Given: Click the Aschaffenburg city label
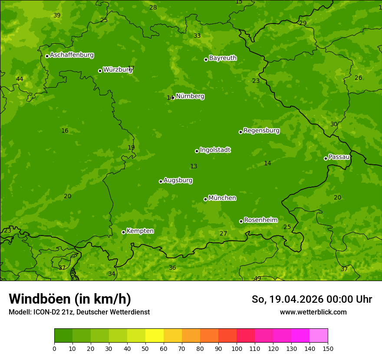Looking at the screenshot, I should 72,55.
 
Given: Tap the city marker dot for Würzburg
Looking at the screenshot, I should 100,71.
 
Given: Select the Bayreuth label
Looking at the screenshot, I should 223,58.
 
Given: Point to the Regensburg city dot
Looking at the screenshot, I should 240,132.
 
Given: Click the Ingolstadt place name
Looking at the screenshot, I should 215,150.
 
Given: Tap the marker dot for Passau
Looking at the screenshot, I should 326,158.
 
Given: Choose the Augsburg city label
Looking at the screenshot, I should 178,180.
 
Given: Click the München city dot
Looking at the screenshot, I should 205,199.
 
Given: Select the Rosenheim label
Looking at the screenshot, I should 260,220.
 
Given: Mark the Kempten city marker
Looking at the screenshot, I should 123,232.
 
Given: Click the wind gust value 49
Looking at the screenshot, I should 257,278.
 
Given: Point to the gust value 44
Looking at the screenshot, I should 20,79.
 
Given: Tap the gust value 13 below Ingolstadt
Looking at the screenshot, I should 194,167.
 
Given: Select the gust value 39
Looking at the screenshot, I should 57,16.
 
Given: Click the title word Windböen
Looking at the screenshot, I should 39,299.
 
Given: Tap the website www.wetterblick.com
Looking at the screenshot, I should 313,312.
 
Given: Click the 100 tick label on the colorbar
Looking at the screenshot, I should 237,348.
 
